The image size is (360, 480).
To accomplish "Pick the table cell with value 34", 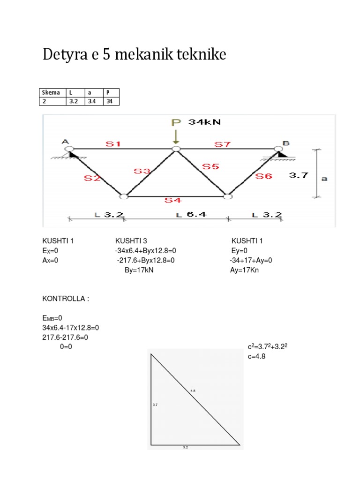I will tap(112, 101).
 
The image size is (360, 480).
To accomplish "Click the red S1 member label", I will tap(113, 144).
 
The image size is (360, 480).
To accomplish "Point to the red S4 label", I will tap(172, 201).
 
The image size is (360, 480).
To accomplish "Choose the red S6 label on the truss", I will tap(264, 176).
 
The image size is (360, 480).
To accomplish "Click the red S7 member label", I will tap(223, 144).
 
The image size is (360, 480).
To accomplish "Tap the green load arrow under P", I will tap(176, 137).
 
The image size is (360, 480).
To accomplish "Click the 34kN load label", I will tap(204, 122).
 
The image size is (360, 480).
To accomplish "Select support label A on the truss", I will tap(65, 141).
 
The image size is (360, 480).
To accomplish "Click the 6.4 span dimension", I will tap(196, 215).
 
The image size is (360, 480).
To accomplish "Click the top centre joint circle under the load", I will tap(176, 149).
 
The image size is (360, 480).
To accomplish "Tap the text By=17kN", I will tap(139, 270).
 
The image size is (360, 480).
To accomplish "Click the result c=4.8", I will tap(257, 356).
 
